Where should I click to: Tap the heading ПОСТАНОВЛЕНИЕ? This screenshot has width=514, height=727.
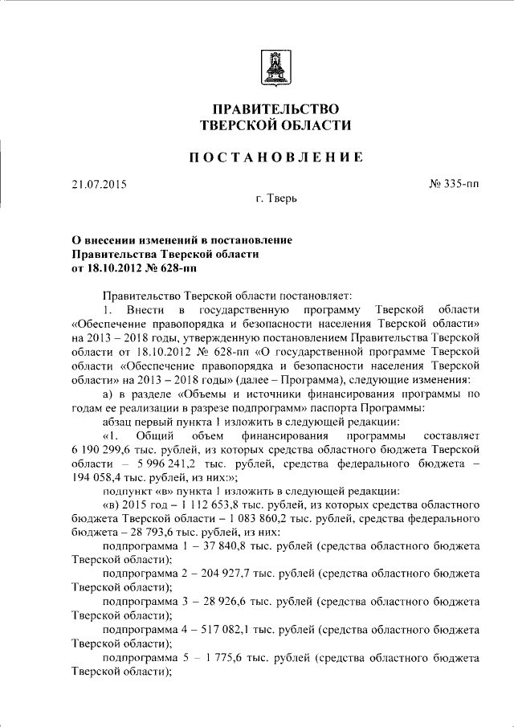[x=275, y=157]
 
